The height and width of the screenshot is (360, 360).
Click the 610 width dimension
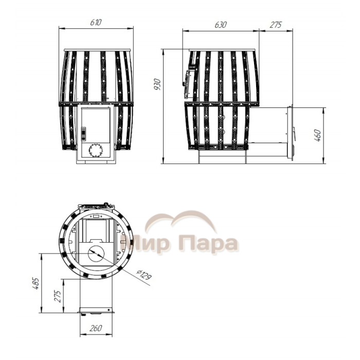[96, 22]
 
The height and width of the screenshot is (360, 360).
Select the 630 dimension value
[221, 25]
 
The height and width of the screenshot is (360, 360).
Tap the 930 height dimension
[158, 84]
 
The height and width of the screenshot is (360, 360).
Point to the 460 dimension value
[317, 135]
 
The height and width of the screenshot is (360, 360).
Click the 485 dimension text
[35, 283]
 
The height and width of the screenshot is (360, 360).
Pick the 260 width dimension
[96, 328]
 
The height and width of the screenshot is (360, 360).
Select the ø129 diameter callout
[144, 274]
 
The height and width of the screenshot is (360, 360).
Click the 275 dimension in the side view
[276, 25]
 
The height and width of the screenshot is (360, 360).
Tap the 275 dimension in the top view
[58, 296]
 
